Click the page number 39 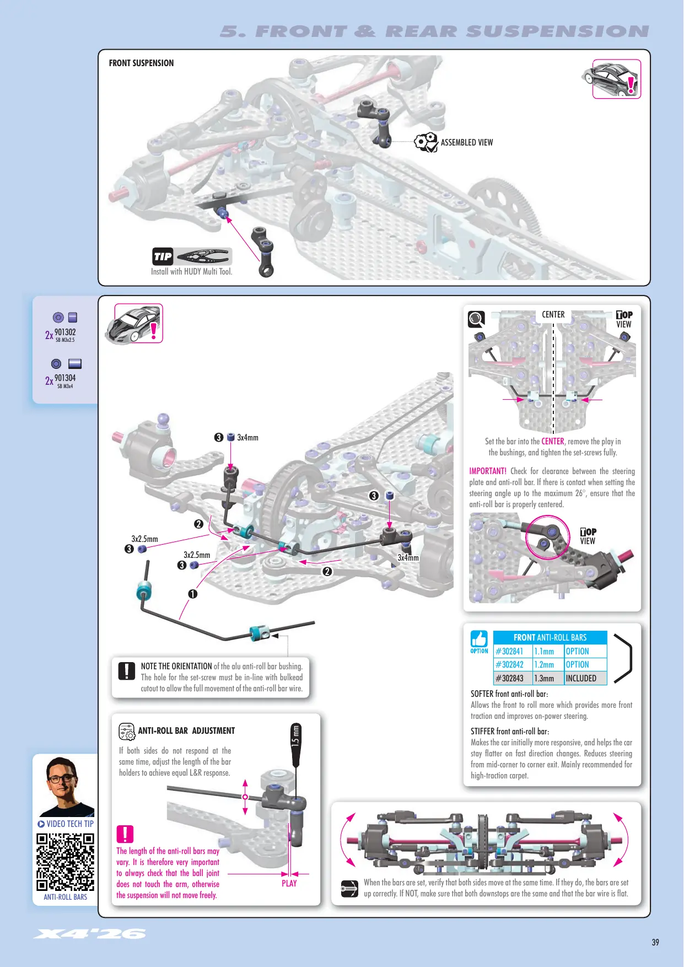[x=655, y=942]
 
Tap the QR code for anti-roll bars [x=65, y=862]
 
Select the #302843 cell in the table [x=513, y=678]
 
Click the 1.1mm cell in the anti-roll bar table [x=548, y=651]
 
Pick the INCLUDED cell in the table [x=585, y=678]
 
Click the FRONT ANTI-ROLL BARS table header [x=550, y=637]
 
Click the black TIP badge [x=163, y=256]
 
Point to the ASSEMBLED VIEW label [x=467, y=142]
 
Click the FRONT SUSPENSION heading [x=141, y=63]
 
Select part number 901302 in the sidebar [x=65, y=332]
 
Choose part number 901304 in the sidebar [x=65, y=378]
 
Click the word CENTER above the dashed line [x=553, y=314]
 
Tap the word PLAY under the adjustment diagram [x=289, y=883]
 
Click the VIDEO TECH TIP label [x=66, y=824]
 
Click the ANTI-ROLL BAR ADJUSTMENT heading [x=186, y=730]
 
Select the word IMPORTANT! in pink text [x=488, y=471]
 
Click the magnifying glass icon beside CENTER [x=476, y=319]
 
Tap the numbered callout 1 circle [x=192, y=594]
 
